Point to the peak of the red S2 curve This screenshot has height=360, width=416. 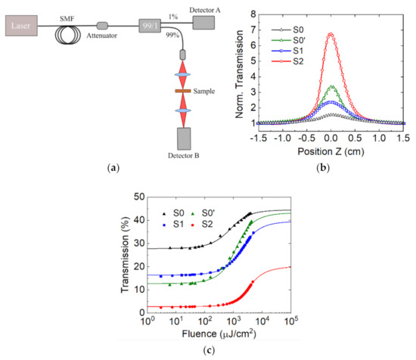click(331, 34)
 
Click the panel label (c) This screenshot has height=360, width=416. click(206, 350)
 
